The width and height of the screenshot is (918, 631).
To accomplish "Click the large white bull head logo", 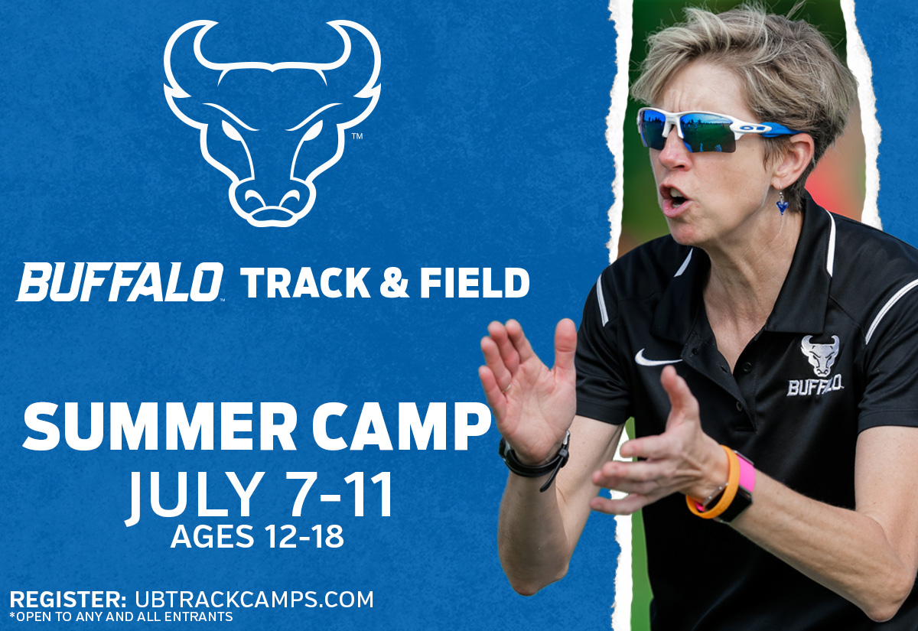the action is [272, 123].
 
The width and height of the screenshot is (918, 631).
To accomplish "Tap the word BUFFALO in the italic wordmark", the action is [119, 282].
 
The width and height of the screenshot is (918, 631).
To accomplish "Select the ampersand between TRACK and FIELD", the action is [394, 283].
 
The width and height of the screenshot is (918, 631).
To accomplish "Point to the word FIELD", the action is [474, 283].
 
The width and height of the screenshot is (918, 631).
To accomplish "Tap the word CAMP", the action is [405, 427].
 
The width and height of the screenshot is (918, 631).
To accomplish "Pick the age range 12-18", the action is [304, 536].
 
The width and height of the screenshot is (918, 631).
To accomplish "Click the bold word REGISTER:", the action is [68, 600].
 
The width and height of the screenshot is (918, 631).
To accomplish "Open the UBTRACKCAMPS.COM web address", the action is [254, 600].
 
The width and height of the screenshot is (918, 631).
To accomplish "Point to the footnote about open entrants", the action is [122, 616].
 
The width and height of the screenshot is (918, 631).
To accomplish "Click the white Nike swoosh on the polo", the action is [657, 356].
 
